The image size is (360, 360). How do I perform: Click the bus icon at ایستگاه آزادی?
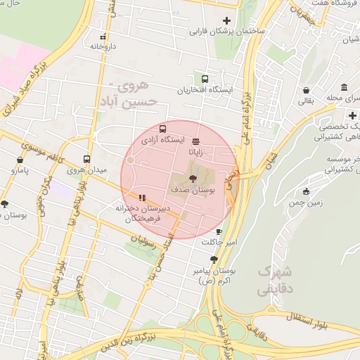click(x=163, y=129)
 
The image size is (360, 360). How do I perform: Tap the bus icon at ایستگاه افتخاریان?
click(x=205, y=79)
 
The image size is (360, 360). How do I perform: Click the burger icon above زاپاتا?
click(x=195, y=140)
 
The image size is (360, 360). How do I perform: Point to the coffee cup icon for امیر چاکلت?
click(x=219, y=231)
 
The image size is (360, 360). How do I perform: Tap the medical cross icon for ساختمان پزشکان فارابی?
click(x=226, y=20)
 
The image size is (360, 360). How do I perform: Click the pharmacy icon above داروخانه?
click(x=103, y=37)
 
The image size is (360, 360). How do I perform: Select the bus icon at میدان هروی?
click(x=86, y=159)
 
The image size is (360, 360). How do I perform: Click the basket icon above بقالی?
click(x=307, y=90)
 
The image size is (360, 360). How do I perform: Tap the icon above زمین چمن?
click(x=305, y=192)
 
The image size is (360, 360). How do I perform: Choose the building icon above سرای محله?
click(x=344, y=87)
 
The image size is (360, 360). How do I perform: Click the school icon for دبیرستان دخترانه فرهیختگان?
click(x=142, y=198)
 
